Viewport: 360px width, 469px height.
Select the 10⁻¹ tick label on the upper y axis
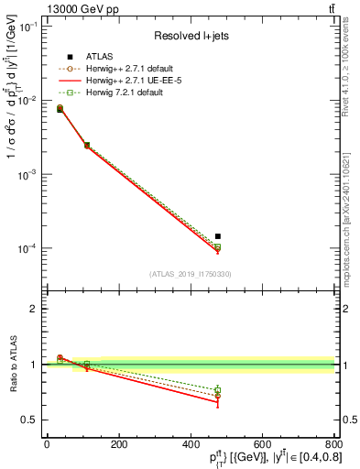[27, 27]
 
